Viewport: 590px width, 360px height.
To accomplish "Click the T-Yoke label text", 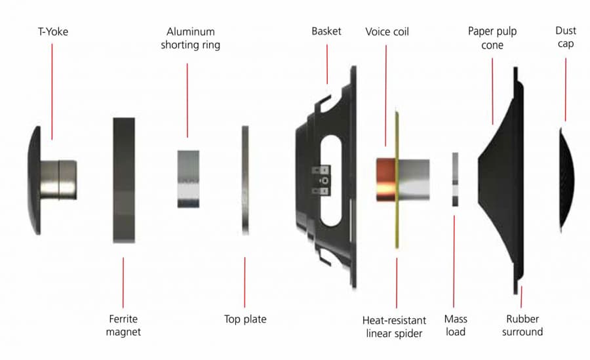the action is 53,31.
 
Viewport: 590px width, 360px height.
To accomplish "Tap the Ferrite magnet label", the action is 123,325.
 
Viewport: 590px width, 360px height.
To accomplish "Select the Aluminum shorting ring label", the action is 190,38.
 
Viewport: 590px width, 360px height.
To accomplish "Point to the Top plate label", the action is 245,319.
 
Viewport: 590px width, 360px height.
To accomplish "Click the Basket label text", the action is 326,31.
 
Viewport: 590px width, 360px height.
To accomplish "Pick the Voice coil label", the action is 387,31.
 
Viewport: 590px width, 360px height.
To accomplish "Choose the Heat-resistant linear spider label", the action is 395,327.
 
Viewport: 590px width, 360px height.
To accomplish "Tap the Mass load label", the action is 456,325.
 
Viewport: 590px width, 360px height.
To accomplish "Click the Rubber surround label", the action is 522,325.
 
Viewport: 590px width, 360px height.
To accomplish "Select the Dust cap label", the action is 566,37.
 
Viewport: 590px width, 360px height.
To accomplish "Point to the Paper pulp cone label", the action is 492,38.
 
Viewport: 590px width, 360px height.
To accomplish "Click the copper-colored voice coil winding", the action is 385,180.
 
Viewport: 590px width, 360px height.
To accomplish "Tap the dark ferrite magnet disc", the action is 124,180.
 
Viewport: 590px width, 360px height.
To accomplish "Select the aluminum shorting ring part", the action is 188,179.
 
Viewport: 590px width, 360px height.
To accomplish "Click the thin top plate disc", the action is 245,180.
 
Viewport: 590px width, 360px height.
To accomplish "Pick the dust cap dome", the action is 567,180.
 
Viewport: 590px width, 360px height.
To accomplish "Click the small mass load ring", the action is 456,179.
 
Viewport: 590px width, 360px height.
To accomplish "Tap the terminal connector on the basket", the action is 321,181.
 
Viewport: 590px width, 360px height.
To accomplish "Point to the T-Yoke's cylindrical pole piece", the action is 59,180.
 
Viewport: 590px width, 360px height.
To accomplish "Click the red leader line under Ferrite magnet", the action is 123,283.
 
